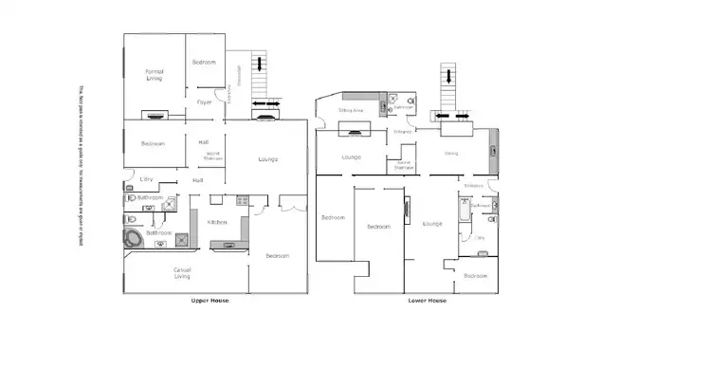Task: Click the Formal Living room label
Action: click(x=154, y=75)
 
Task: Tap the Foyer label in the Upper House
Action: click(x=204, y=101)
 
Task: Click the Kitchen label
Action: click(x=217, y=223)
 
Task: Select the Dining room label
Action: click(x=451, y=152)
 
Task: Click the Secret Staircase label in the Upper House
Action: click(x=213, y=157)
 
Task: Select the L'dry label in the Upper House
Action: click(x=146, y=179)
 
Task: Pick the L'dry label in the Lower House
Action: click(x=480, y=237)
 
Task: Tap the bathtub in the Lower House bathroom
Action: click(x=462, y=218)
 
